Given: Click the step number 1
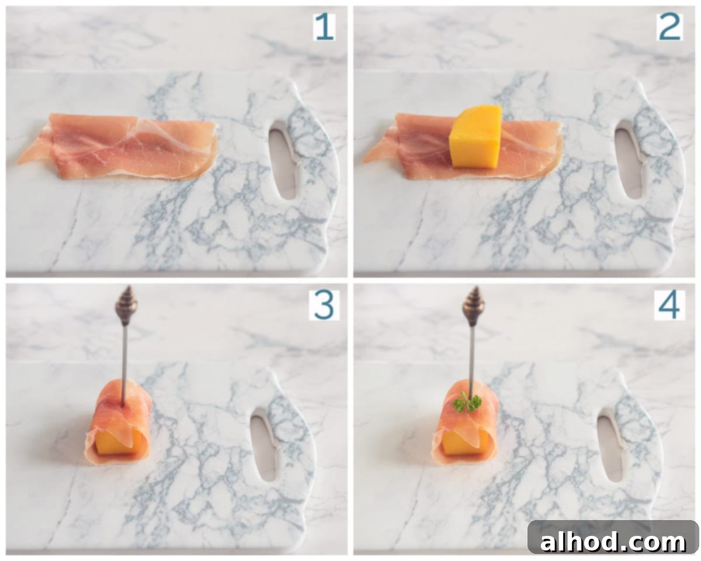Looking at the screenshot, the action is point(324,27).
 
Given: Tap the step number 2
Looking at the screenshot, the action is point(669,27).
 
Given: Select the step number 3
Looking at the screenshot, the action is point(324,305).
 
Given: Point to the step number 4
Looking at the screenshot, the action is point(669,305).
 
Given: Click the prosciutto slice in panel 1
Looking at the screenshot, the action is point(117,146).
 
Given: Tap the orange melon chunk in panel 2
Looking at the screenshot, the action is point(475,137).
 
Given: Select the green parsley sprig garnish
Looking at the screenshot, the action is point(467,403).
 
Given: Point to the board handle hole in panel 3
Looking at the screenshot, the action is point(265,444).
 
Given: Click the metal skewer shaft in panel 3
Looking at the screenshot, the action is point(124,365).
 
